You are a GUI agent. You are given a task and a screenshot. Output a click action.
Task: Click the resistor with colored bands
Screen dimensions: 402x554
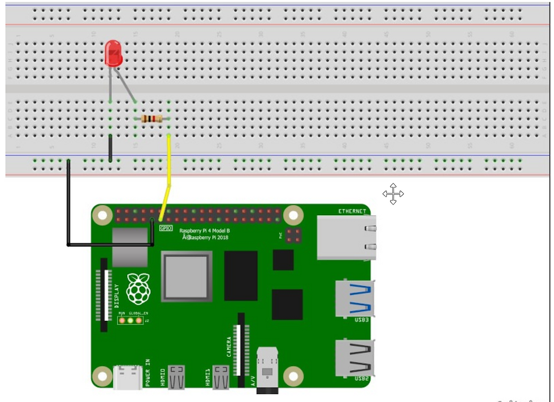click(x=151, y=119)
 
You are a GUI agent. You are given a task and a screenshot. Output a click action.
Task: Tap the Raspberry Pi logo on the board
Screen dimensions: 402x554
click(x=138, y=289)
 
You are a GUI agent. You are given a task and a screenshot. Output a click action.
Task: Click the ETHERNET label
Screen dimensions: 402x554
click(x=352, y=211)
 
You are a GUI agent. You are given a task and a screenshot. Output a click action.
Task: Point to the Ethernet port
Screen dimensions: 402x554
click(x=347, y=238)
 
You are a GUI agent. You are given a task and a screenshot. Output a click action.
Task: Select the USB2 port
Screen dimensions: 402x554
click(x=355, y=358)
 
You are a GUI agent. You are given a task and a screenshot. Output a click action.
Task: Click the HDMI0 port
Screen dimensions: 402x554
click(x=176, y=377)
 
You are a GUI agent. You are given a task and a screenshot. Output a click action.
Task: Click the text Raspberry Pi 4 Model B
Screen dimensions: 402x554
click(x=204, y=231)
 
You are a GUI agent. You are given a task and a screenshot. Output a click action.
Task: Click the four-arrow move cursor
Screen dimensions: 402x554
click(x=393, y=194)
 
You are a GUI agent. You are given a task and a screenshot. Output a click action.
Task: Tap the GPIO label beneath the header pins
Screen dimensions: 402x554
click(x=166, y=228)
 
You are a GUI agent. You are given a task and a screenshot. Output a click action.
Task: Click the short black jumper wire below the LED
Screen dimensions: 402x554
click(x=110, y=148)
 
